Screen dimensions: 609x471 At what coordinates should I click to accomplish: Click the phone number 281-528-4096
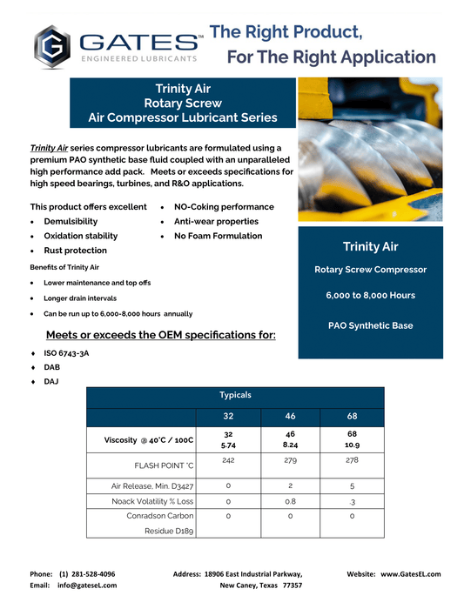point(87,574)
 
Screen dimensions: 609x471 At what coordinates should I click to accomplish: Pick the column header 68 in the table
point(352,416)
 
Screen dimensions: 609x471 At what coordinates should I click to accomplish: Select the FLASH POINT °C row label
point(164,465)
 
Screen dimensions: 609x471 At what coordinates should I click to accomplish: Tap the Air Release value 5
point(352,485)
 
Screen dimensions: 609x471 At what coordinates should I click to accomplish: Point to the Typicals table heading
point(235,395)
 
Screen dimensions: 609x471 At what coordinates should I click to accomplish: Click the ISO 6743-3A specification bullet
point(66,353)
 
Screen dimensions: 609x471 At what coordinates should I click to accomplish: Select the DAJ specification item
point(51,382)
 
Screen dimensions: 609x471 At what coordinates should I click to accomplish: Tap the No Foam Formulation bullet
point(218,236)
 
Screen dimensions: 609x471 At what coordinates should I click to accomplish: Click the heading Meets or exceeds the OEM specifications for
point(160,335)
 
